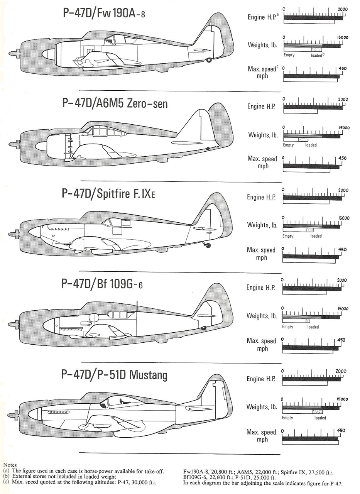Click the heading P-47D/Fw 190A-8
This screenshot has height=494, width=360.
click(104, 13)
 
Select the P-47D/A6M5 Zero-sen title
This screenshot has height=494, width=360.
click(115, 103)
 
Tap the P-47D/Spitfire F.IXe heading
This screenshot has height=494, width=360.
click(108, 193)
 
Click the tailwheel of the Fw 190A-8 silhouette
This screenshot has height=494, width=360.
click(208, 60)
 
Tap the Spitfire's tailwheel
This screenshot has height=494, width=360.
click(208, 245)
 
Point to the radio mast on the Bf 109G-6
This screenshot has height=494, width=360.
click(137, 306)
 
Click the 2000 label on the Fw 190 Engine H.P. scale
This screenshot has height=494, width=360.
click(343, 9)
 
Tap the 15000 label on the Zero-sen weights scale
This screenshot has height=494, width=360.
click(344, 128)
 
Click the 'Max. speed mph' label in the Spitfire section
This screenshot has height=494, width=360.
click(261, 254)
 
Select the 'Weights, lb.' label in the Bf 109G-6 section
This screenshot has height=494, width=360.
click(262, 316)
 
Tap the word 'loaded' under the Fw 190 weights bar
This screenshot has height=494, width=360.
click(316, 55)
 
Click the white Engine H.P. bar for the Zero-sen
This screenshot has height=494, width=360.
click(300, 112)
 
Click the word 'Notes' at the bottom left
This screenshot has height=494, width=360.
click(10, 465)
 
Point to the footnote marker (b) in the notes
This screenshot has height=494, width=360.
click(7, 476)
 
